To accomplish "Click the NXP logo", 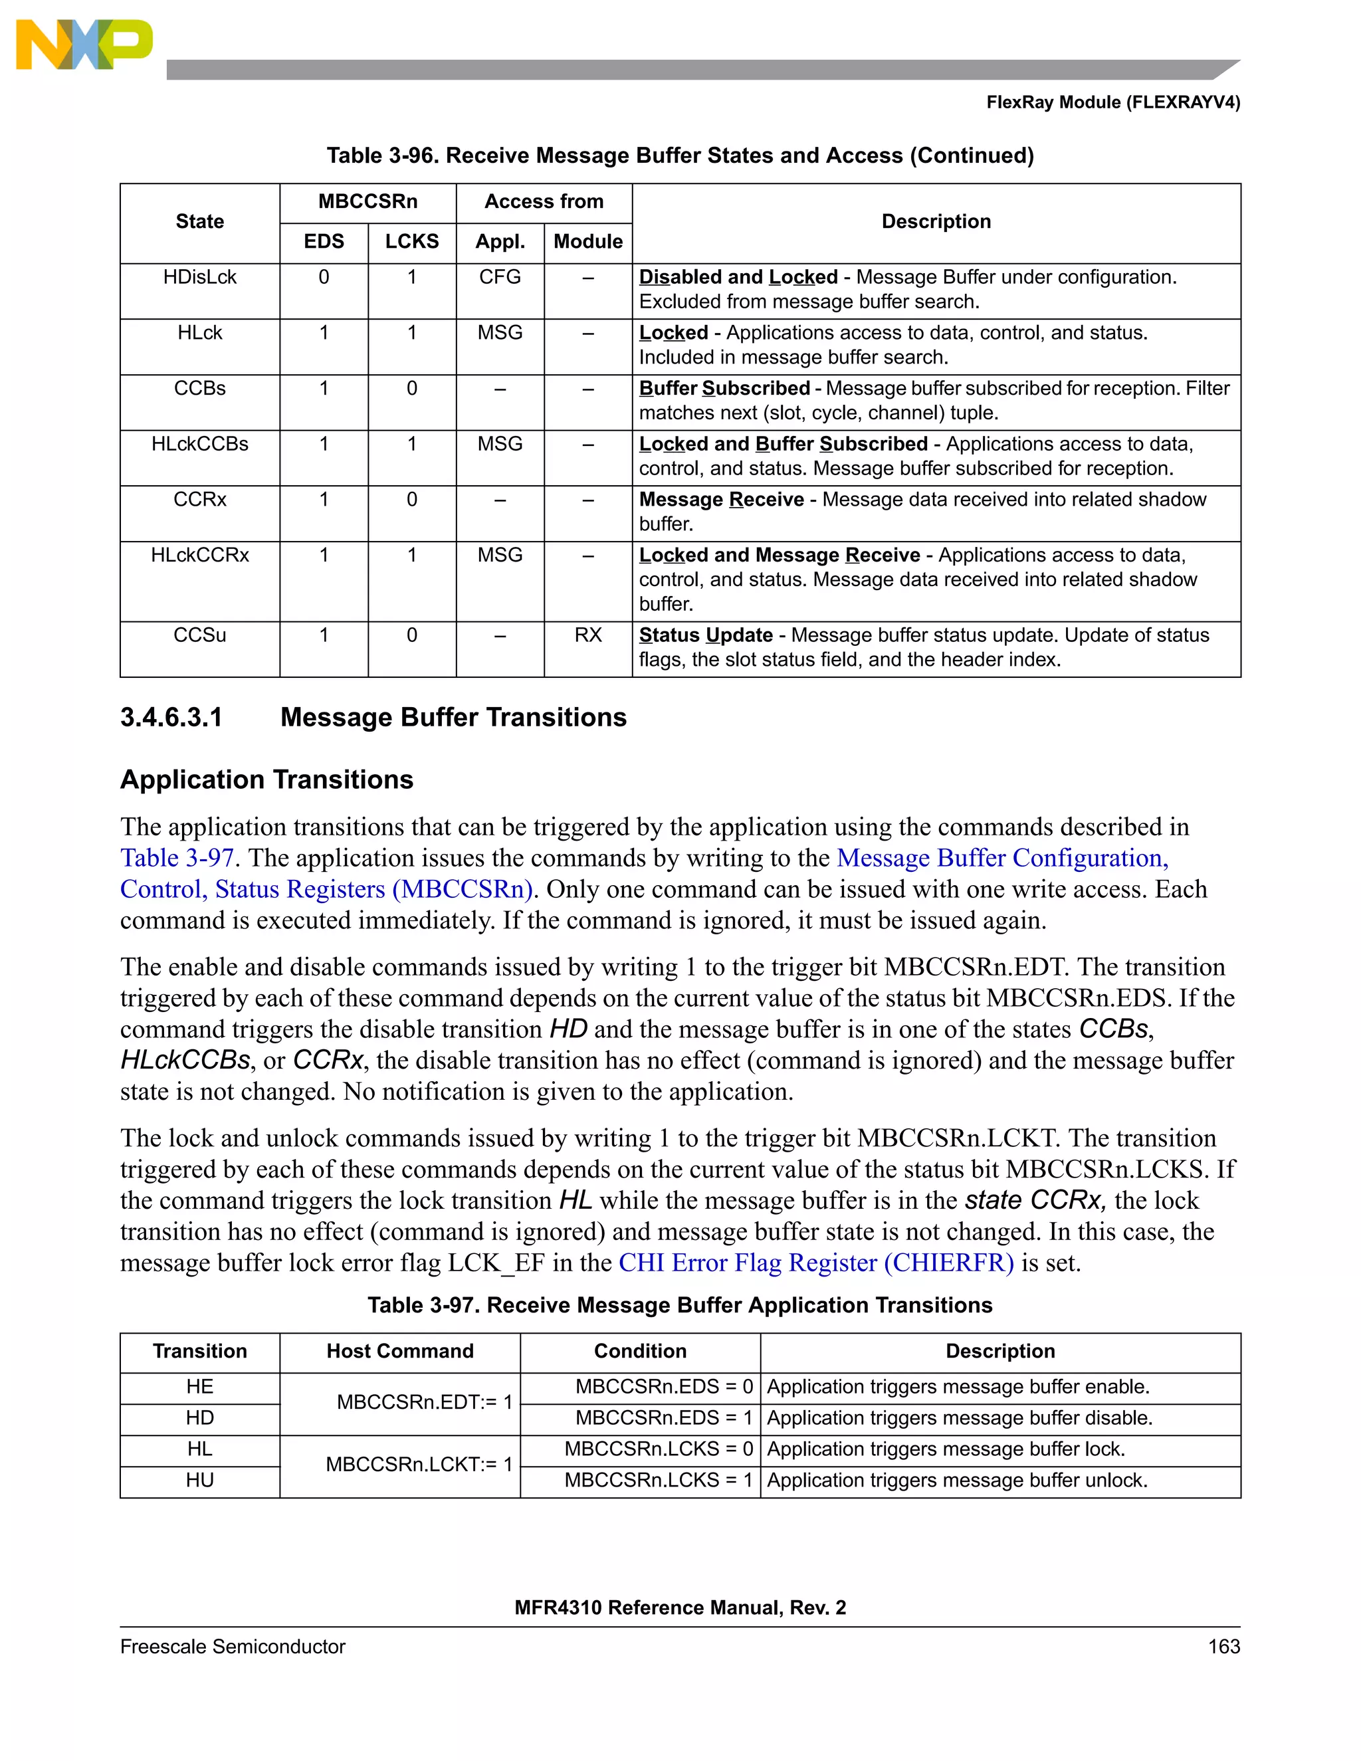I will pos(84,45).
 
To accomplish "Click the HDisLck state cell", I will pos(199,277).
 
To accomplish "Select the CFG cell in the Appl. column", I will pos(499,277).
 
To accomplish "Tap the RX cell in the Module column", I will pos(587,635).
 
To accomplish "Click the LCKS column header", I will pos(411,242).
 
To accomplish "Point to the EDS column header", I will pos(324,242).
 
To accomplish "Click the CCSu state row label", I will pos(199,635).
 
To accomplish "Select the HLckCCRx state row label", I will pos(199,556).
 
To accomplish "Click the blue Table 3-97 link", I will pos(177,858).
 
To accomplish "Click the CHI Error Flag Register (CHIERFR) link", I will pos(816,1263).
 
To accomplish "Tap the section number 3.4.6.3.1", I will pos(171,718).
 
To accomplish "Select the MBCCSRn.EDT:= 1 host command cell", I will pos(424,1402).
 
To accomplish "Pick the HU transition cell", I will pos(199,1481).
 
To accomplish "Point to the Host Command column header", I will pos(400,1352).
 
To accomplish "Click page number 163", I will pos(1223,1647).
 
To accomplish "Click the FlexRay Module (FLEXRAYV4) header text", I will pos(1112,102).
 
